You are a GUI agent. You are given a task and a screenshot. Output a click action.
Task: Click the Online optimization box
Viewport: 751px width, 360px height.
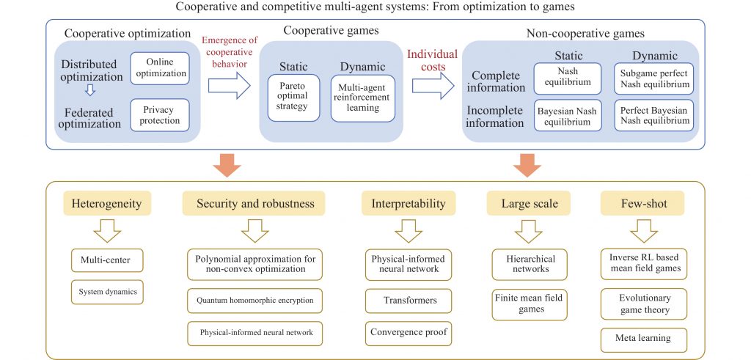tap(159, 68)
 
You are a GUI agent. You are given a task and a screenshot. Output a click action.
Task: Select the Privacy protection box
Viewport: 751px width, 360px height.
tap(159, 115)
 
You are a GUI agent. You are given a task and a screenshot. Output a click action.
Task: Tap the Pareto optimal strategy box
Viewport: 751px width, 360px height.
tap(293, 98)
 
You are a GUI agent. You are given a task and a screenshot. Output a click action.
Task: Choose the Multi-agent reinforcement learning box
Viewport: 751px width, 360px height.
tap(362, 98)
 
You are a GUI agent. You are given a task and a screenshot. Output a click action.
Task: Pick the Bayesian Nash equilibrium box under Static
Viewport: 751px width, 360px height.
tap(567, 115)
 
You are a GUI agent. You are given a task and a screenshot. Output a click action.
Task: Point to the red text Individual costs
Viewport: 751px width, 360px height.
tap(433, 60)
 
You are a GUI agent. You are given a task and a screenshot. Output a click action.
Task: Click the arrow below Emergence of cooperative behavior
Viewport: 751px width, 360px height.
tap(229, 87)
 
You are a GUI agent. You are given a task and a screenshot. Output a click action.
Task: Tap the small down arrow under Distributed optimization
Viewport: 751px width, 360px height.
tap(90, 89)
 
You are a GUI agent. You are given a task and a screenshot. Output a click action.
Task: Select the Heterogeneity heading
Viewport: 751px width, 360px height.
tap(107, 203)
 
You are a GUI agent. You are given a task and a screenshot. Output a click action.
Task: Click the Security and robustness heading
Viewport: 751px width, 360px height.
tap(253, 203)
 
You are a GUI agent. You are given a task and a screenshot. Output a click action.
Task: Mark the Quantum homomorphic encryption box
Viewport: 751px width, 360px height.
tap(254, 301)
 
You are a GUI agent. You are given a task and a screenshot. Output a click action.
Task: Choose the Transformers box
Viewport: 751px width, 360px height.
tap(408, 301)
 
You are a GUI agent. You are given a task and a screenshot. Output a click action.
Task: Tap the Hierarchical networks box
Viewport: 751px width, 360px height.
tap(530, 264)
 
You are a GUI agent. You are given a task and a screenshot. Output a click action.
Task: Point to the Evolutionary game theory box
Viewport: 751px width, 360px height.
tap(644, 304)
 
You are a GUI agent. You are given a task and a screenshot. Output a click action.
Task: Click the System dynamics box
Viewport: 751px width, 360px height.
tap(107, 292)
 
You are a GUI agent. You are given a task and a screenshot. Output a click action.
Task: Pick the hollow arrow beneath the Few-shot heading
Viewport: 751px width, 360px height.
tap(644, 231)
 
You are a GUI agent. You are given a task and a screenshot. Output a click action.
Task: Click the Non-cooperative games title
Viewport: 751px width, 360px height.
tap(585, 34)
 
